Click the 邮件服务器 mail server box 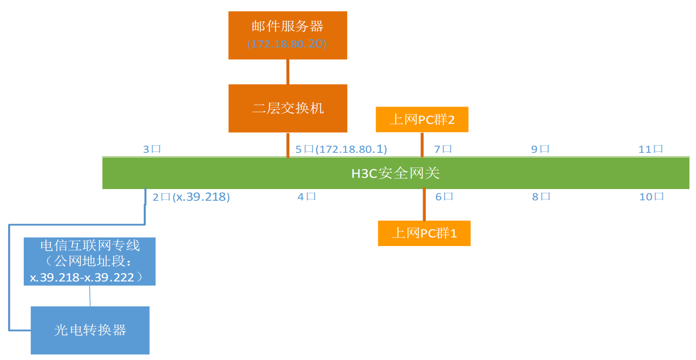[288, 26]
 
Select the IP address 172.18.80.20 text [287, 44]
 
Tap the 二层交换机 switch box [288, 108]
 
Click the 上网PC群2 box [422, 120]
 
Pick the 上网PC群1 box [424, 233]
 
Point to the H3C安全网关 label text [395, 173]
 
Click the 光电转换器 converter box [90, 330]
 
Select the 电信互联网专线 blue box [89, 261]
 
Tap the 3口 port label [152, 149]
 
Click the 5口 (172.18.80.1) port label [341, 149]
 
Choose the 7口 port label [443, 149]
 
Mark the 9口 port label [540, 149]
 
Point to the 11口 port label [651, 149]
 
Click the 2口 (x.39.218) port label [191, 197]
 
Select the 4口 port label [307, 197]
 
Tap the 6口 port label [444, 197]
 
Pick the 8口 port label [541, 197]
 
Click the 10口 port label [652, 197]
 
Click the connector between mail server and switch [288, 72]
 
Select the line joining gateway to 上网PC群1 [424, 205]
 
